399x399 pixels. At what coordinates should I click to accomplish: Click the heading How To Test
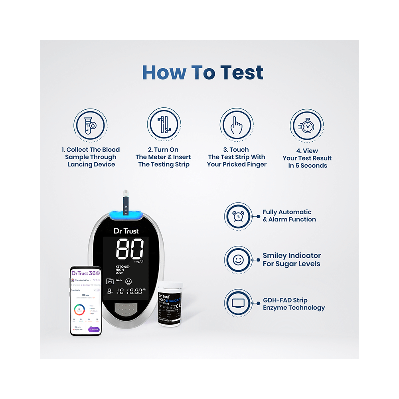coord(203,73)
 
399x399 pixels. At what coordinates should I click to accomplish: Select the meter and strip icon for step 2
coord(163,124)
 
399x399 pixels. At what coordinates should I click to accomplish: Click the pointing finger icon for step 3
coord(236,124)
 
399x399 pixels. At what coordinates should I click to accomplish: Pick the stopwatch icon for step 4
coord(306,126)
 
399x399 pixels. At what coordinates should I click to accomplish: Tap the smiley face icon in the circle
coord(238,260)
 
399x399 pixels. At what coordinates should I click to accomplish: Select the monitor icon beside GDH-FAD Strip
coord(238,304)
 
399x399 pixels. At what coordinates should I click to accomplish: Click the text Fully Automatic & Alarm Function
coord(289,216)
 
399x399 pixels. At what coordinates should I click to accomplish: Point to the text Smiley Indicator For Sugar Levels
coord(292,260)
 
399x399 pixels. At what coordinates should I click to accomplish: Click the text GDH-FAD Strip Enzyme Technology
coord(294,304)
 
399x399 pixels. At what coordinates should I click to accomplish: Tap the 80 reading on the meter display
coord(130,250)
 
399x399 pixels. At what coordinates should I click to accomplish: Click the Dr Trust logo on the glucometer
coord(126,231)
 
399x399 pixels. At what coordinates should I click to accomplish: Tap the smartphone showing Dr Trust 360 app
coord(85,300)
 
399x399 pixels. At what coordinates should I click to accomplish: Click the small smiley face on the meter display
coord(128,281)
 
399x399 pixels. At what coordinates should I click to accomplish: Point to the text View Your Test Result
coord(307,158)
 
